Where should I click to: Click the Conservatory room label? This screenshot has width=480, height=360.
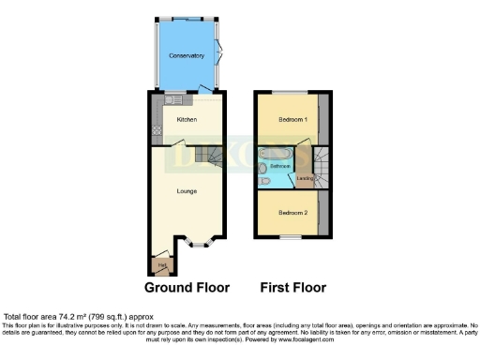(x=186, y=56)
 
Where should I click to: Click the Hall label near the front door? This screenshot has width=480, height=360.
(x=162, y=265)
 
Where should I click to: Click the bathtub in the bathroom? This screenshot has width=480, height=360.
(x=277, y=152)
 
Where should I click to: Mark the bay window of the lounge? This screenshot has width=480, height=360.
(x=197, y=242)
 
